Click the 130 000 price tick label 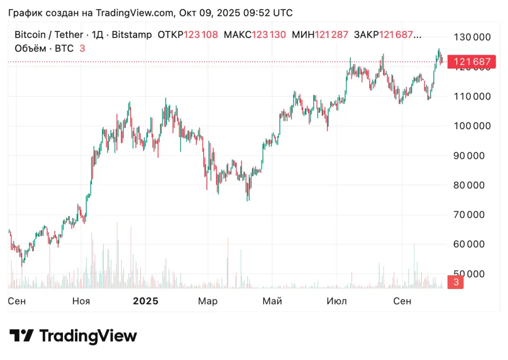(x=473, y=37)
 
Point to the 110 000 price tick (x=473, y=96)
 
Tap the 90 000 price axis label (x=473, y=156)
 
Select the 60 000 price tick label (x=473, y=244)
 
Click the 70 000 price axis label (x=473, y=214)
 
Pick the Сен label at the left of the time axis (x=17, y=301)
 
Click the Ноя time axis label (x=81, y=301)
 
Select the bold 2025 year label (x=146, y=301)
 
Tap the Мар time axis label (x=208, y=301)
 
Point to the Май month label (x=273, y=301)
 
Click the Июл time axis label (x=337, y=301)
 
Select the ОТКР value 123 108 (x=201, y=35)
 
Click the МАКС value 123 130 (x=269, y=35)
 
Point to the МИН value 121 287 (x=332, y=35)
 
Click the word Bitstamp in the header (x=132, y=35)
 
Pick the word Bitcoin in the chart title (x=30, y=35)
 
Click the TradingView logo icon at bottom (x=21, y=336)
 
